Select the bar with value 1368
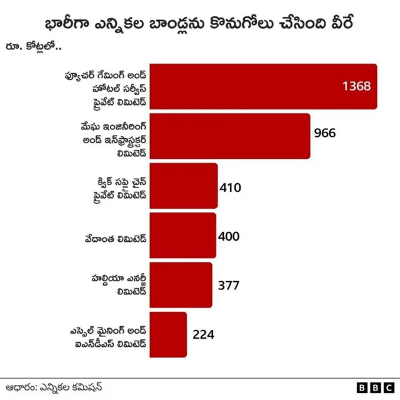click(x=262, y=86)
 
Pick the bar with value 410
click(x=184, y=186)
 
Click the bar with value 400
click(x=182, y=236)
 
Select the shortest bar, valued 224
click(x=168, y=334)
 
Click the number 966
click(x=325, y=133)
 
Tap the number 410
click(x=230, y=187)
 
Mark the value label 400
click(x=229, y=236)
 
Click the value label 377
click(x=229, y=285)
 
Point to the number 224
click(x=204, y=334)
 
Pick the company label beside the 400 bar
click(x=116, y=236)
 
